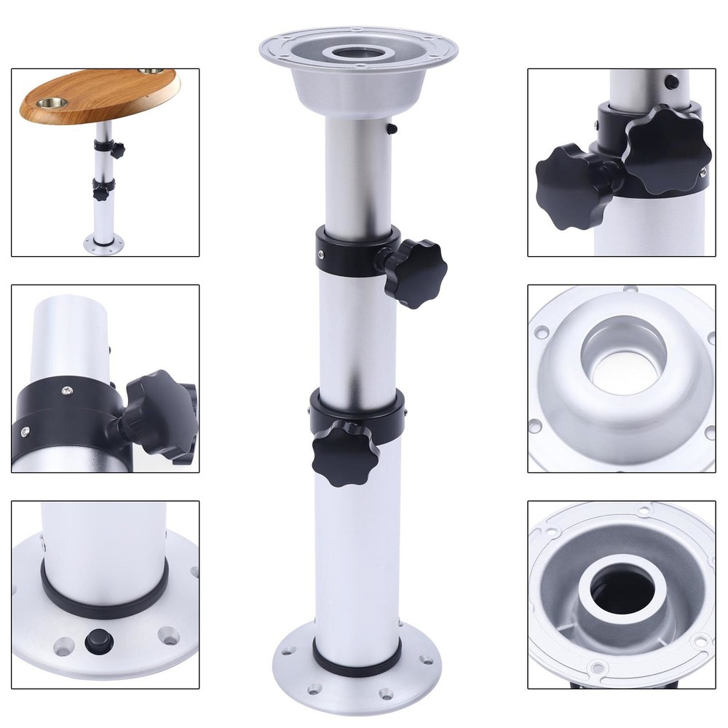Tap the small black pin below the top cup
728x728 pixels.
[392, 128]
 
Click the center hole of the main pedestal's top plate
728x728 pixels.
[359, 52]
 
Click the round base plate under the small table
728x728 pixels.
[103, 243]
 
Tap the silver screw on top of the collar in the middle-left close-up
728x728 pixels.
[67, 391]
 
